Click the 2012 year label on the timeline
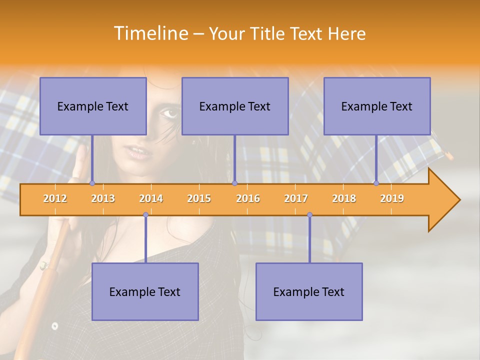(55, 198)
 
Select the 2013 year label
(103, 198)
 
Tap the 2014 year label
(151, 198)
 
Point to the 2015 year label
(199, 198)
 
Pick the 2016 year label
(248, 198)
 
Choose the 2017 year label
(296, 198)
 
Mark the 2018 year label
(344, 198)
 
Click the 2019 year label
(392, 198)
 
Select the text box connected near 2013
(93, 106)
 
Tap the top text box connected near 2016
(235, 106)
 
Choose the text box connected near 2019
(377, 106)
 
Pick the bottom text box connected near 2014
(145, 291)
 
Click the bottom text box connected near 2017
(309, 291)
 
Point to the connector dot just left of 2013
(92, 183)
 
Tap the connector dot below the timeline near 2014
(145, 215)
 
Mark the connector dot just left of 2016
(235, 183)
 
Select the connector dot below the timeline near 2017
(309, 215)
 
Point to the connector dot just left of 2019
(376, 183)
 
